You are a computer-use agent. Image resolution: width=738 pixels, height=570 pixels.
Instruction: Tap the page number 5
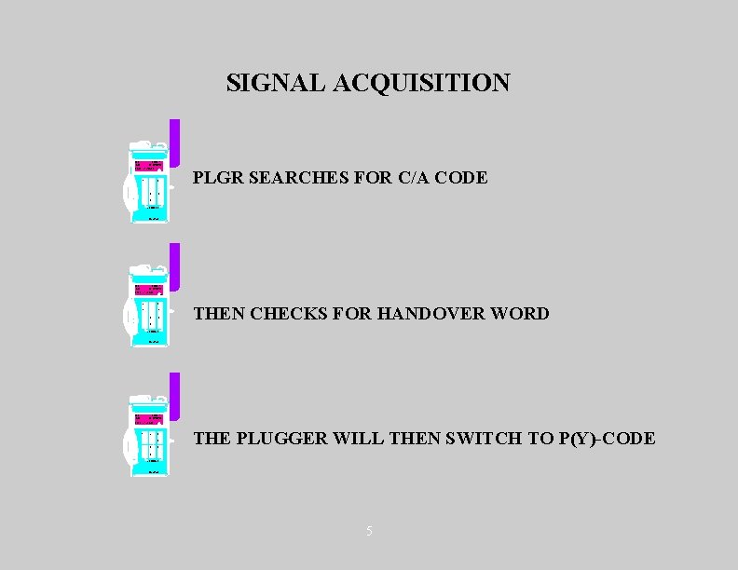pos(369,531)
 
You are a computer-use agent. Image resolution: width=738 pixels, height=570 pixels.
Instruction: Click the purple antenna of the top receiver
pos(174,142)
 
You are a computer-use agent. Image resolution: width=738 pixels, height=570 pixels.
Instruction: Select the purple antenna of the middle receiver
pos(174,266)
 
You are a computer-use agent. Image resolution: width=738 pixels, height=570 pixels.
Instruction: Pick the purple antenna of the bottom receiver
pos(174,395)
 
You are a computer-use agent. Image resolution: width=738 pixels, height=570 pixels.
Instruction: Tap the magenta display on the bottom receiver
pos(150,418)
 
